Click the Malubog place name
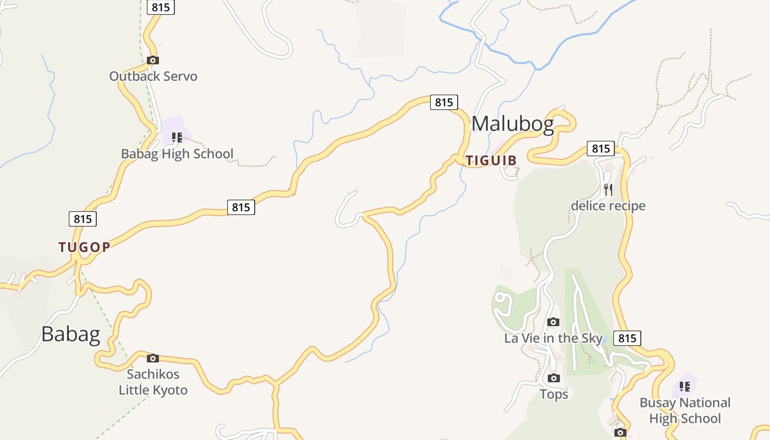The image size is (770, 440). [x=513, y=124]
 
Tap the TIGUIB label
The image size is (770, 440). [x=491, y=161]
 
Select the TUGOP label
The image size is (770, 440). [x=85, y=247]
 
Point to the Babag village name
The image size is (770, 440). [x=70, y=334]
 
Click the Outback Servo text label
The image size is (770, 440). [x=153, y=76]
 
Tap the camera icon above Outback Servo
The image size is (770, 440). [x=153, y=61]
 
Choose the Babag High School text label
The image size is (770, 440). [x=177, y=153]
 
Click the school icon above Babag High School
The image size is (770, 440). [x=177, y=137]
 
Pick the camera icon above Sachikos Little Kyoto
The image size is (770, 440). [x=153, y=359]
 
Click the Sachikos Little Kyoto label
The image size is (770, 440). [x=153, y=382]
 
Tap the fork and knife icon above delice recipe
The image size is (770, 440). [x=608, y=190]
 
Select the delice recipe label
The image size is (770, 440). [x=608, y=206]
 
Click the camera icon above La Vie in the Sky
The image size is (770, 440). [x=553, y=322]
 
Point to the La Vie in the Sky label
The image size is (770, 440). [x=553, y=338]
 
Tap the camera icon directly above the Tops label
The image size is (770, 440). [x=554, y=378]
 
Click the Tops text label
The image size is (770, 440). [x=554, y=394]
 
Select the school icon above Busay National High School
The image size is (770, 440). [x=684, y=387]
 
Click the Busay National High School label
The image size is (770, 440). [x=684, y=410]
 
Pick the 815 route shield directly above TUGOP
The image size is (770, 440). [x=82, y=219]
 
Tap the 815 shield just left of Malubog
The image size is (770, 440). [x=443, y=102]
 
